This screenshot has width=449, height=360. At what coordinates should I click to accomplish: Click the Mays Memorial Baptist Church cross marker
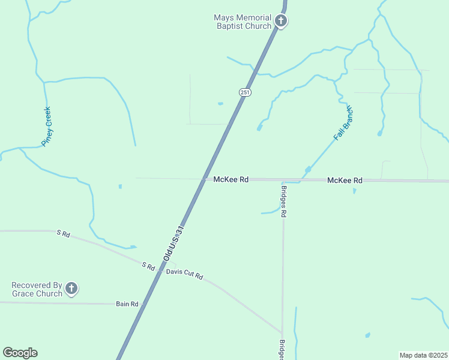(281, 22)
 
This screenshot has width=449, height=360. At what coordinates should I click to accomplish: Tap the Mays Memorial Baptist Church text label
(243, 22)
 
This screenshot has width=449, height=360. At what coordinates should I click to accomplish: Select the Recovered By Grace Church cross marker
(71, 289)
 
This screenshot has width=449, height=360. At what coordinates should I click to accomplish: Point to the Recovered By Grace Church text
(37, 289)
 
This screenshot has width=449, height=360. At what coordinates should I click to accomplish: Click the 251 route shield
(244, 92)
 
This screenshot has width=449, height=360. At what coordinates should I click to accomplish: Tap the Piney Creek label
(46, 127)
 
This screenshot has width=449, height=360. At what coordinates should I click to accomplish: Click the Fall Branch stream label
(343, 124)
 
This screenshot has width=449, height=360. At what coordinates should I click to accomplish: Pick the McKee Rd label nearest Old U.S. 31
(231, 179)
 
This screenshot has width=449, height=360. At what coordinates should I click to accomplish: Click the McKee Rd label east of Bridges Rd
(345, 180)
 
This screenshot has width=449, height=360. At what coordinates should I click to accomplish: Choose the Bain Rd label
(127, 304)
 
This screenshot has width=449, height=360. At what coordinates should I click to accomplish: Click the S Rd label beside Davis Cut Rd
(148, 265)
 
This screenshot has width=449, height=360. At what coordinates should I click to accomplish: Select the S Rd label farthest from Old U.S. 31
(63, 233)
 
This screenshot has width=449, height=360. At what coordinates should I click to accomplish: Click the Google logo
(20, 353)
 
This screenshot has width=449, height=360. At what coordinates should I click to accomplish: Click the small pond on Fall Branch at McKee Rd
(308, 170)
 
